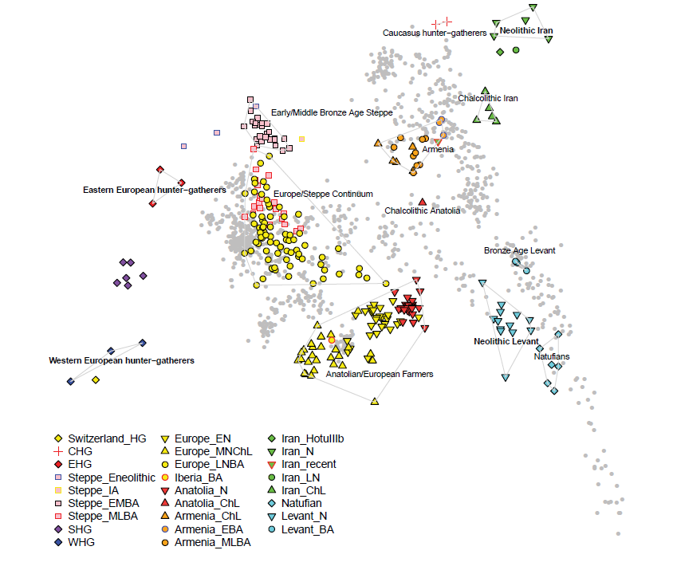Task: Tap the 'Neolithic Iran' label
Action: [x=525, y=31]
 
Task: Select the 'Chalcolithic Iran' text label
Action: [x=487, y=99]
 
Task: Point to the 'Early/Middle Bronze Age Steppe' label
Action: [x=332, y=113]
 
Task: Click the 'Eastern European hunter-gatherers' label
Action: [x=155, y=191]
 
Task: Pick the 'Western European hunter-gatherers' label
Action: [x=121, y=361]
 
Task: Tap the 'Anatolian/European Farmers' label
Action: [x=380, y=374]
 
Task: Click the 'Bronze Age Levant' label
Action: [x=519, y=250]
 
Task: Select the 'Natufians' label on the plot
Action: [x=550, y=356]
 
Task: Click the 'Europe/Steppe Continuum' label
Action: [x=323, y=195]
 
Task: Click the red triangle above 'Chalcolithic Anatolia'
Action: [x=422, y=201]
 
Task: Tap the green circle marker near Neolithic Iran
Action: [x=516, y=50]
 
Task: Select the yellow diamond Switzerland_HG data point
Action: [x=96, y=380]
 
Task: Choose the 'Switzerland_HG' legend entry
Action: [x=107, y=439]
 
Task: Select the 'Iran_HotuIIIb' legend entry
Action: [x=317, y=439]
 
